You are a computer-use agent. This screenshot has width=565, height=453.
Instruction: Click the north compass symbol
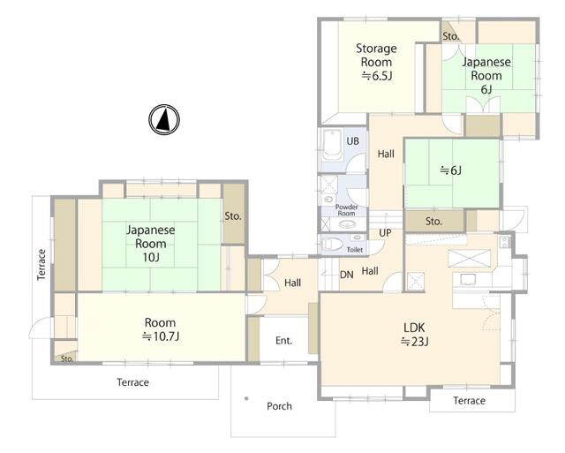point(164,119)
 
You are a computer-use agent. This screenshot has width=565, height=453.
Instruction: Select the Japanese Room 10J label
point(151,243)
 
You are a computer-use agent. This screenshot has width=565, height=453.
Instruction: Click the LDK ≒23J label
point(414,334)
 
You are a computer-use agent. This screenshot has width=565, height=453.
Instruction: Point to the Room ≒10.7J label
point(161,329)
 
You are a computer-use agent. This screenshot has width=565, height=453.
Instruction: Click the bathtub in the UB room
point(332,145)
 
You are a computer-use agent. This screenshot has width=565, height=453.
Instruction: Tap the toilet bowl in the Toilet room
point(333,244)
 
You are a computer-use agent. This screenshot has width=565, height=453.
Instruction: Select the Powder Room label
point(346,210)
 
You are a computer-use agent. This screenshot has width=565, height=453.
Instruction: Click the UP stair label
point(385,233)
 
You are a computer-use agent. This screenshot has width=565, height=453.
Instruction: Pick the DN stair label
point(347,275)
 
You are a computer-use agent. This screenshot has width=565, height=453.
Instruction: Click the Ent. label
point(284,341)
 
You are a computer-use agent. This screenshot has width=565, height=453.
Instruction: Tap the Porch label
point(279,406)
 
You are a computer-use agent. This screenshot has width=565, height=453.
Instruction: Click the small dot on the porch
point(246,398)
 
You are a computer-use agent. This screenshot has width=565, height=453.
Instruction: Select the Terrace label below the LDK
point(469,400)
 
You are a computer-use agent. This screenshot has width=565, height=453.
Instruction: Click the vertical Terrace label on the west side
point(41,265)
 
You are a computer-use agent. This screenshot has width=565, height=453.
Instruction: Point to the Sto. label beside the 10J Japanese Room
point(233,216)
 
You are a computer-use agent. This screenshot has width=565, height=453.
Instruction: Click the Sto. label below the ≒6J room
point(433,222)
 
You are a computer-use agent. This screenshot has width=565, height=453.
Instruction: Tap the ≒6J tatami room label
point(451,170)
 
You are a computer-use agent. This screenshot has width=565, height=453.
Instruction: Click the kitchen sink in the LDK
point(467,279)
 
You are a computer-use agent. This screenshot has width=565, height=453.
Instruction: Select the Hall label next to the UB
point(386,154)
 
